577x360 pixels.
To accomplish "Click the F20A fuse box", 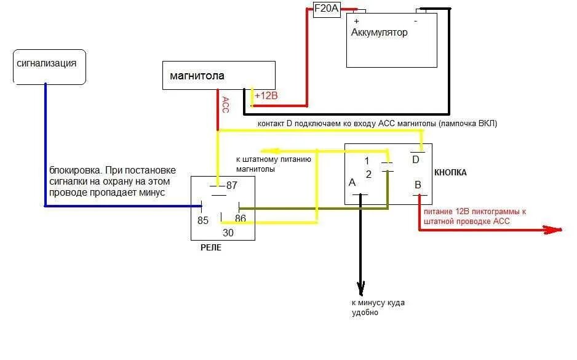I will pyautogui.click(x=327, y=10).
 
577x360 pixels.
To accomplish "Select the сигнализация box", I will pyautogui.click(x=49, y=64).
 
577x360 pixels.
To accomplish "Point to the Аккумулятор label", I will pyautogui.click(x=379, y=33).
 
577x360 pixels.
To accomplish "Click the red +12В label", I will pyautogui.click(x=266, y=95).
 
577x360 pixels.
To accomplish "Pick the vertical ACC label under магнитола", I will pyautogui.click(x=225, y=105).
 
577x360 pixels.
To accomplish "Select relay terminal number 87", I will pyautogui.click(x=232, y=185).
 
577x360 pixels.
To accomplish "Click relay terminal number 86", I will pyautogui.click(x=241, y=218).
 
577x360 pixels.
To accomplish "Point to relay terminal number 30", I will pyautogui.click(x=228, y=233).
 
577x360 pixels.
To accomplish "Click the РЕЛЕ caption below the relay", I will pyautogui.click(x=211, y=247).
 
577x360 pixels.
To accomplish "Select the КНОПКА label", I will pyautogui.click(x=450, y=172).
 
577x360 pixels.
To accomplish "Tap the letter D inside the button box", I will pyautogui.click(x=415, y=160).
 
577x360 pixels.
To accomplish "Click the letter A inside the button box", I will pyautogui.click(x=352, y=182).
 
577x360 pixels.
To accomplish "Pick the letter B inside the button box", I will pyautogui.click(x=417, y=183).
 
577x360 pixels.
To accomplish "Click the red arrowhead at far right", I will pyautogui.click(x=555, y=230).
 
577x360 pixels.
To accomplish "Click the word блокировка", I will pyautogui.click(x=72, y=170).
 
